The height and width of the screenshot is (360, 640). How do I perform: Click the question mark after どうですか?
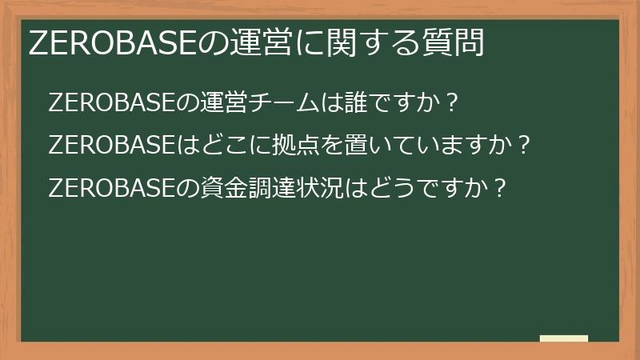click(498, 189)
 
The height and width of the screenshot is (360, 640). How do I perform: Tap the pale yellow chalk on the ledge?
click(564, 339)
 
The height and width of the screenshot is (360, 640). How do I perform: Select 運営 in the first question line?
click(215, 104)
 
